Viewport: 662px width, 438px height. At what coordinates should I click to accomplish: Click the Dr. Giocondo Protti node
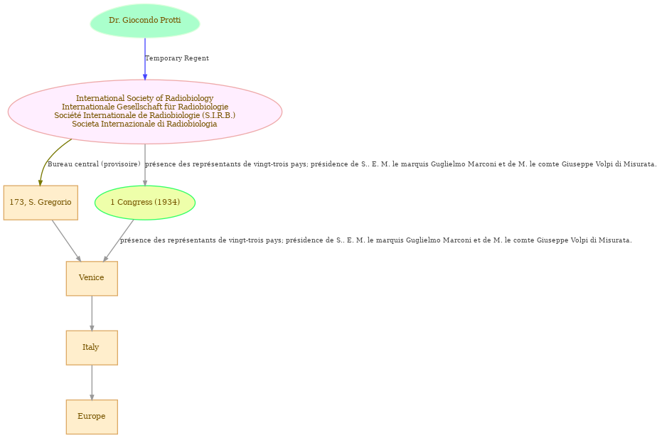point(145,21)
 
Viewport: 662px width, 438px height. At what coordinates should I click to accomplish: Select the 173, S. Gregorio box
point(41,203)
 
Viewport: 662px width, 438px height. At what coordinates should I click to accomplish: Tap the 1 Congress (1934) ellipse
point(145,203)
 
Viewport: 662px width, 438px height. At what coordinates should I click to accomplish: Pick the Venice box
point(92,278)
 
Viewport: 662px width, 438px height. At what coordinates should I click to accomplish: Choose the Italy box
point(92,348)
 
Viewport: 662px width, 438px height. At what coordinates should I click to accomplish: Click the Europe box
point(92,417)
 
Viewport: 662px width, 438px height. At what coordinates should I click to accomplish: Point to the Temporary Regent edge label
point(177,58)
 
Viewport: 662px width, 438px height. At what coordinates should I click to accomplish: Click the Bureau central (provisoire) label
point(94,164)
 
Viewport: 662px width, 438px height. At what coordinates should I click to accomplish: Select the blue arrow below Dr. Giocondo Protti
point(145,59)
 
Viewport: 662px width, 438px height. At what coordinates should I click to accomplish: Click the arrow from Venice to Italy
point(92,313)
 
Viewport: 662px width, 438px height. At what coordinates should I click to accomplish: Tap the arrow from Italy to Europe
point(92,383)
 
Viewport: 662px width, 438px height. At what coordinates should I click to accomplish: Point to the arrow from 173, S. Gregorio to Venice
point(66,241)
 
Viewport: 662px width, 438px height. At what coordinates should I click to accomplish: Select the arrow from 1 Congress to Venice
point(118,241)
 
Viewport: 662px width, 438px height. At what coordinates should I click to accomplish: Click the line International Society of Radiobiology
point(145,98)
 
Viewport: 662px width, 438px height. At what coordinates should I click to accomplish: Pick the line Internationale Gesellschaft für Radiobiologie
point(145,107)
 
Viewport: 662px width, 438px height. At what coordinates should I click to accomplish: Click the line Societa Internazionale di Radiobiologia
point(145,124)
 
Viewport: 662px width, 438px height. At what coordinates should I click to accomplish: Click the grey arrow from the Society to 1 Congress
point(145,165)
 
